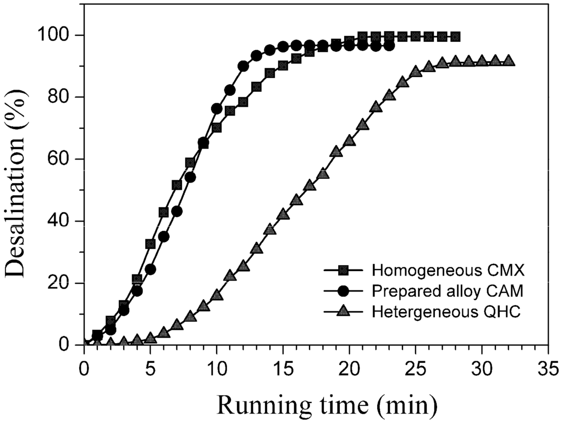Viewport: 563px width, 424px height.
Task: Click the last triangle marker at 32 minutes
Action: click(509, 60)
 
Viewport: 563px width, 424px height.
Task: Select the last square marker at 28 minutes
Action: click(455, 37)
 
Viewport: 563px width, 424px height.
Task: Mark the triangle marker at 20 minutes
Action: click(349, 140)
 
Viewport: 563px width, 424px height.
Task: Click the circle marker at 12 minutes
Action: click(243, 66)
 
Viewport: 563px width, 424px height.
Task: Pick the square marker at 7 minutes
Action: click(176, 185)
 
